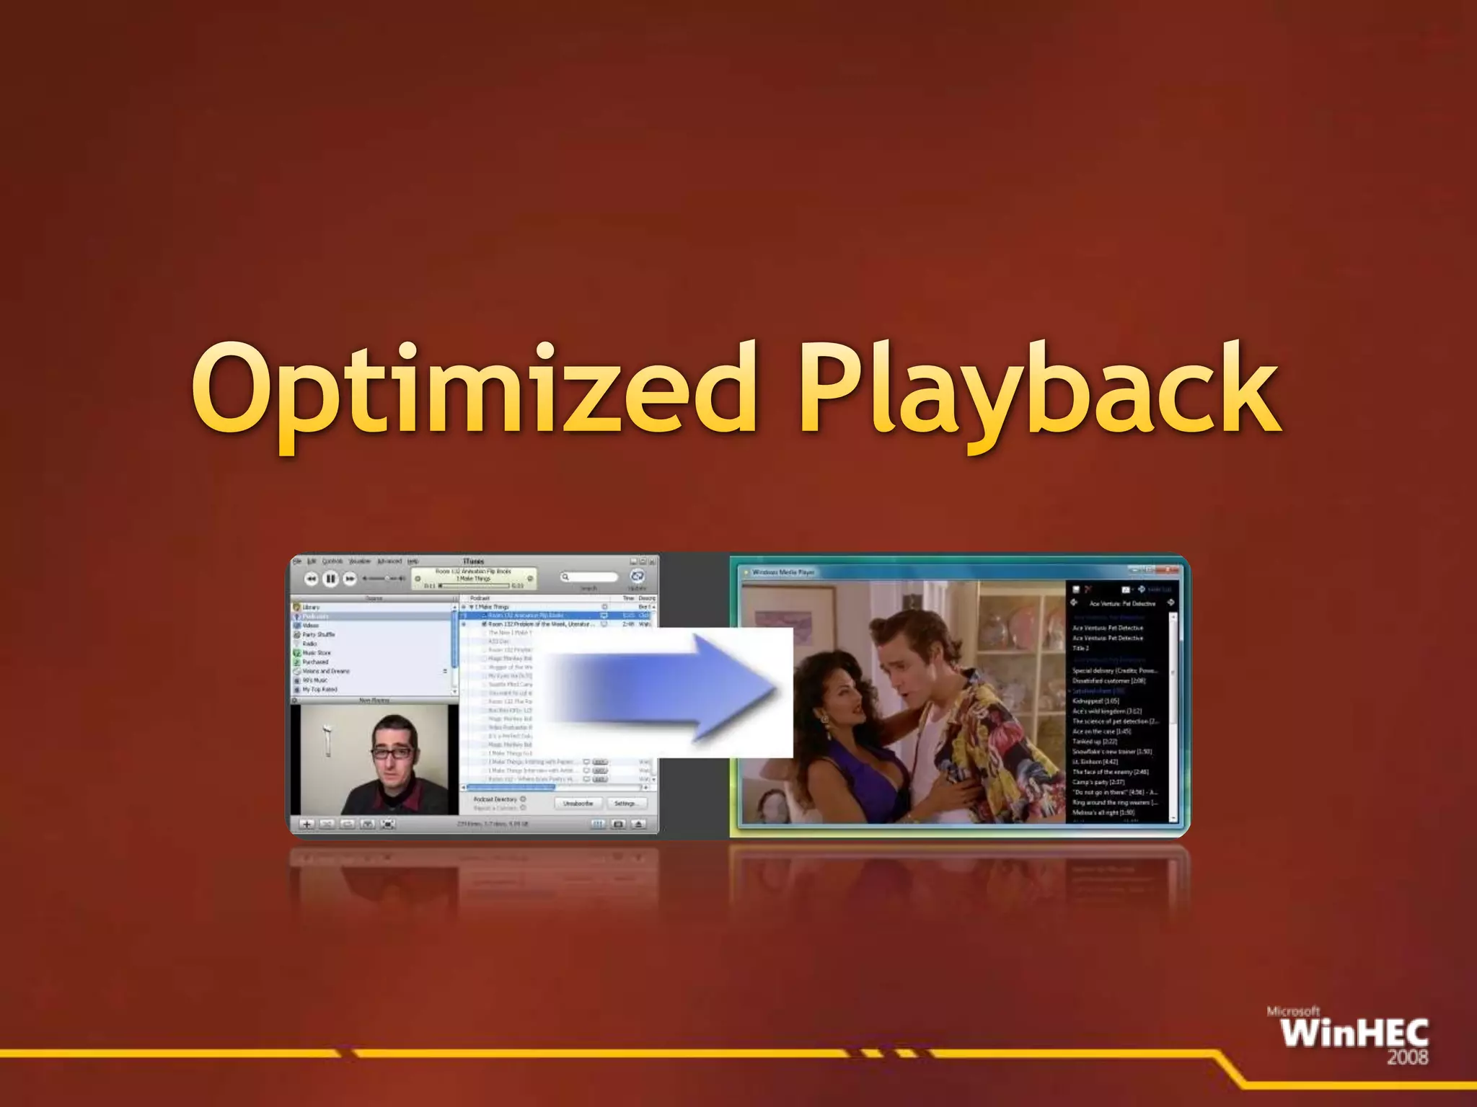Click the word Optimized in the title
coord(472,389)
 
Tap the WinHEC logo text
coord(1354,1033)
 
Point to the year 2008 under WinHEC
coord(1407,1057)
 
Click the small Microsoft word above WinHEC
coord(1293,1011)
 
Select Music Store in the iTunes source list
coord(317,653)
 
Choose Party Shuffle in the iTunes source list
coord(318,635)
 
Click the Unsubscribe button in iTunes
coord(578,803)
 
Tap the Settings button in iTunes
coord(625,803)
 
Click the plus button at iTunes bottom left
coord(307,824)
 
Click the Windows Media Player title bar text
coord(783,572)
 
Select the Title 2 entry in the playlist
coord(1080,648)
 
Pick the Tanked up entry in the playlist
coord(1094,741)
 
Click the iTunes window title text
coord(473,561)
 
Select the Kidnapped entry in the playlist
coord(1095,701)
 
